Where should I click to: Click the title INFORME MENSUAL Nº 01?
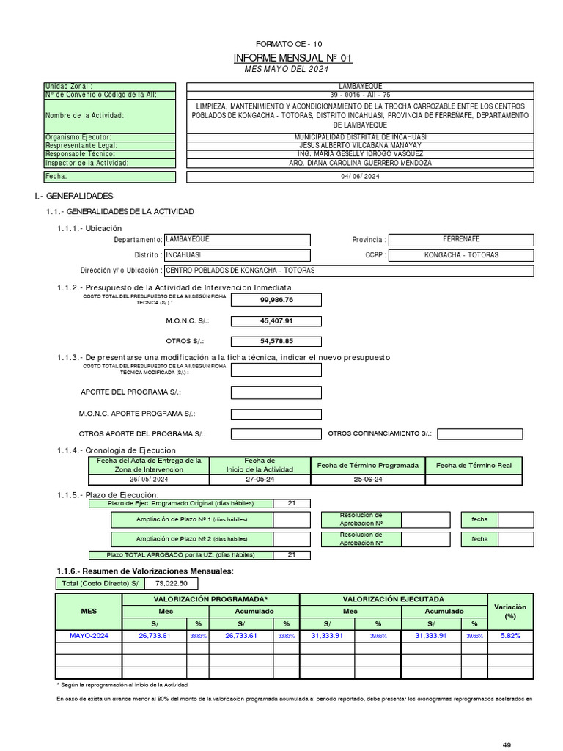287,58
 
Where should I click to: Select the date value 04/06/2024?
360,177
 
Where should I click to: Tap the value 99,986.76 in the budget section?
276,300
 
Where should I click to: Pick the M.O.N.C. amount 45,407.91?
276,320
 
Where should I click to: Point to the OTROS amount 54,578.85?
276,341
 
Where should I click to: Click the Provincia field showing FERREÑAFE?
461,239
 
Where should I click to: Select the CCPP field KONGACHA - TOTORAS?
461,255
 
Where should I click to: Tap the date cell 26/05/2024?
149,479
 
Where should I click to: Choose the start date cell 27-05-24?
260,479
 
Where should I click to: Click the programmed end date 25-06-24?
368,479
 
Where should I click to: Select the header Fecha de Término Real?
474,465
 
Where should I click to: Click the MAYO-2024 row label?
89,636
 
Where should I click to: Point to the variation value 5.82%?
510,636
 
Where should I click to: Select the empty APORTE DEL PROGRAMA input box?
276,392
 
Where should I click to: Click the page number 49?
507,745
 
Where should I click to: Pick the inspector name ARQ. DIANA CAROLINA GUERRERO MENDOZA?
360,163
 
